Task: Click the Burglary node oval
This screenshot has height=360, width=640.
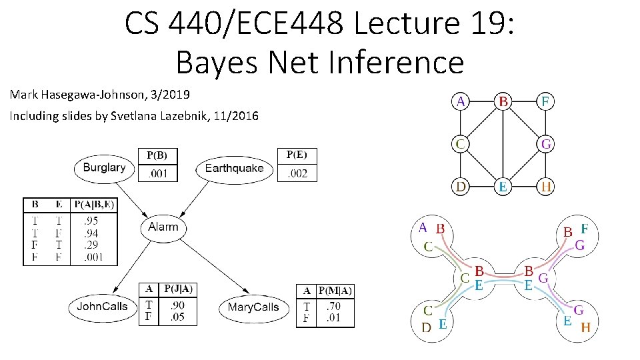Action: (103, 168)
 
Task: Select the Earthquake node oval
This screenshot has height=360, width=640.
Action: (234, 169)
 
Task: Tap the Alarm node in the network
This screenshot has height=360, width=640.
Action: (163, 227)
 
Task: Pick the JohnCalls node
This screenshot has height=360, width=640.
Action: (102, 307)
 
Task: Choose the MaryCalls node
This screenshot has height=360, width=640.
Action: (253, 307)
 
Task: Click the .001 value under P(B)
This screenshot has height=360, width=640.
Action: (157, 174)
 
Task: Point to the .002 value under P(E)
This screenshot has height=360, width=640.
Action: (297, 173)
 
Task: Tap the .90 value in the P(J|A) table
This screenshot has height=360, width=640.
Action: (177, 305)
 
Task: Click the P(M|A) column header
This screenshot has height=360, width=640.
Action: (335, 291)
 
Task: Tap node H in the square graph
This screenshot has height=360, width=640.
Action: (546, 187)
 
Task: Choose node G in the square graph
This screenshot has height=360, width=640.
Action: (546, 144)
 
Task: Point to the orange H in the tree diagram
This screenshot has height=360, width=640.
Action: (585, 327)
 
